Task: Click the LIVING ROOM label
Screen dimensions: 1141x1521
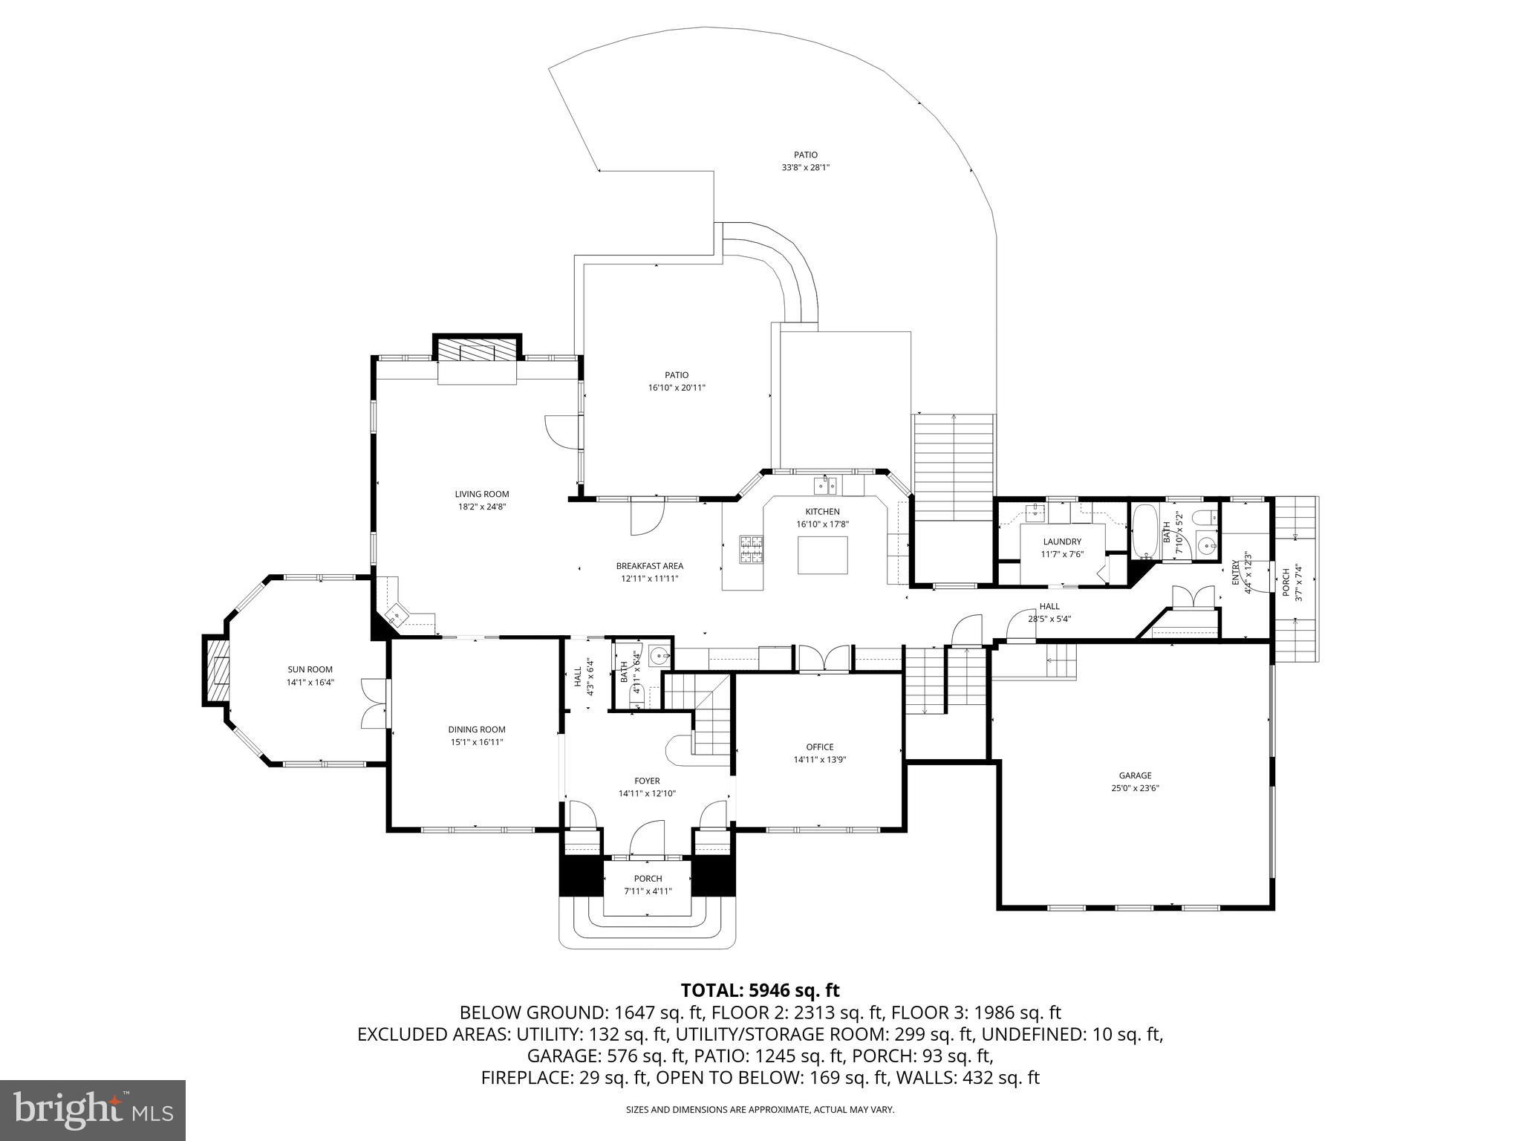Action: pyautogui.click(x=481, y=494)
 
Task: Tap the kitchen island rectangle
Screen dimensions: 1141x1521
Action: pyautogui.click(x=822, y=555)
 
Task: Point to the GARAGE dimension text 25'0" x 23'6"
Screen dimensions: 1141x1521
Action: pyautogui.click(x=1135, y=788)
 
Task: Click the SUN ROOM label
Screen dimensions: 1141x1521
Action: pyautogui.click(x=310, y=669)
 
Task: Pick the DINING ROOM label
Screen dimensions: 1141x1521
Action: pyautogui.click(x=476, y=729)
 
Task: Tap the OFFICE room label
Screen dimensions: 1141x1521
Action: pyautogui.click(x=820, y=747)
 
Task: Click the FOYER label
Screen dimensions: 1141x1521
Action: pyautogui.click(x=647, y=781)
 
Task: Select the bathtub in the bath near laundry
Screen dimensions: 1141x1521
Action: pyautogui.click(x=1144, y=531)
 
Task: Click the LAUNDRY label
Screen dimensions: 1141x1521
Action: pyautogui.click(x=1061, y=542)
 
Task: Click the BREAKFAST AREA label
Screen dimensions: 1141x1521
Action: pyautogui.click(x=649, y=566)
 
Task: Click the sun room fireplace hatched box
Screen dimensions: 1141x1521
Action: pyautogui.click(x=217, y=670)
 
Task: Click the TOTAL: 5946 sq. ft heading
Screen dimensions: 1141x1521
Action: pyautogui.click(x=760, y=990)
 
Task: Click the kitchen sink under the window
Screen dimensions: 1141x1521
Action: pyautogui.click(x=825, y=486)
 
